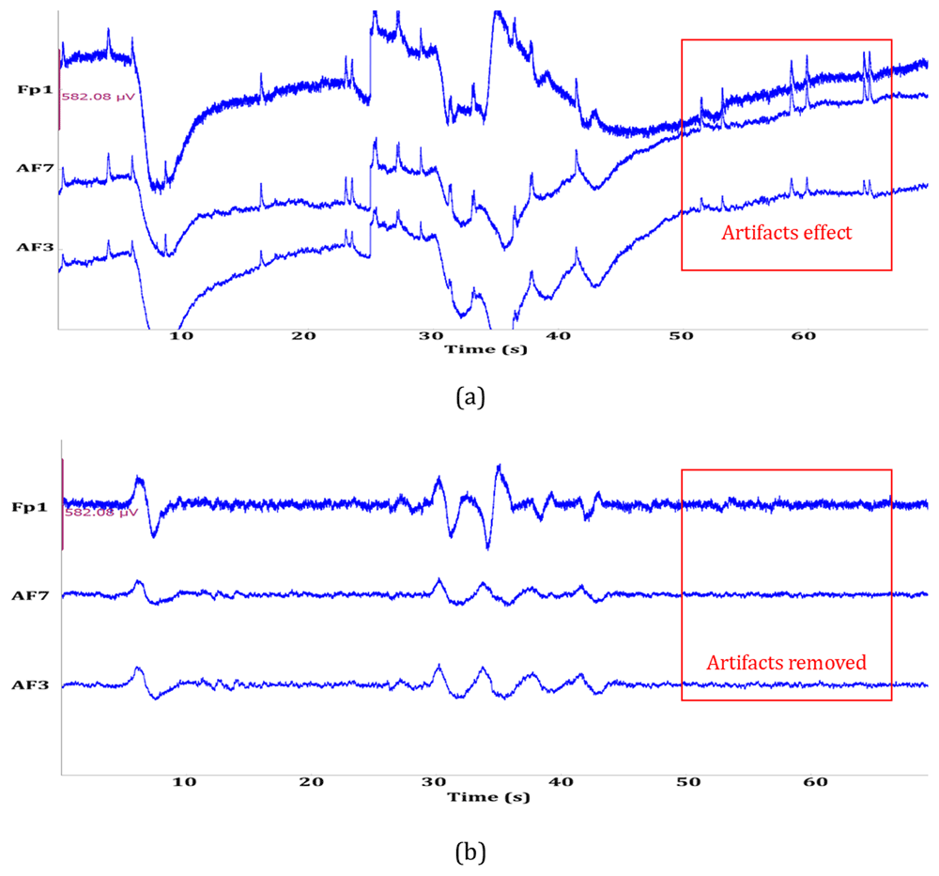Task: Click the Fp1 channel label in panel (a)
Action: pyautogui.click(x=31, y=89)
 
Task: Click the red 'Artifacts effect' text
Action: pyautogui.click(x=786, y=233)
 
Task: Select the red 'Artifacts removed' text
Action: pyautogui.click(x=786, y=663)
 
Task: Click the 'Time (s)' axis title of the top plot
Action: pyautogui.click(x=486, y=348)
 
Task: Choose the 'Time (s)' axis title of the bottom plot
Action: pyautogui.click(x=487, y=797)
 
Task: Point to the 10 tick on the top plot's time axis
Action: pyautogui.click(x=180, y=335)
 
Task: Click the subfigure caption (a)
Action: pyautogui.click(x=469, y=397)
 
